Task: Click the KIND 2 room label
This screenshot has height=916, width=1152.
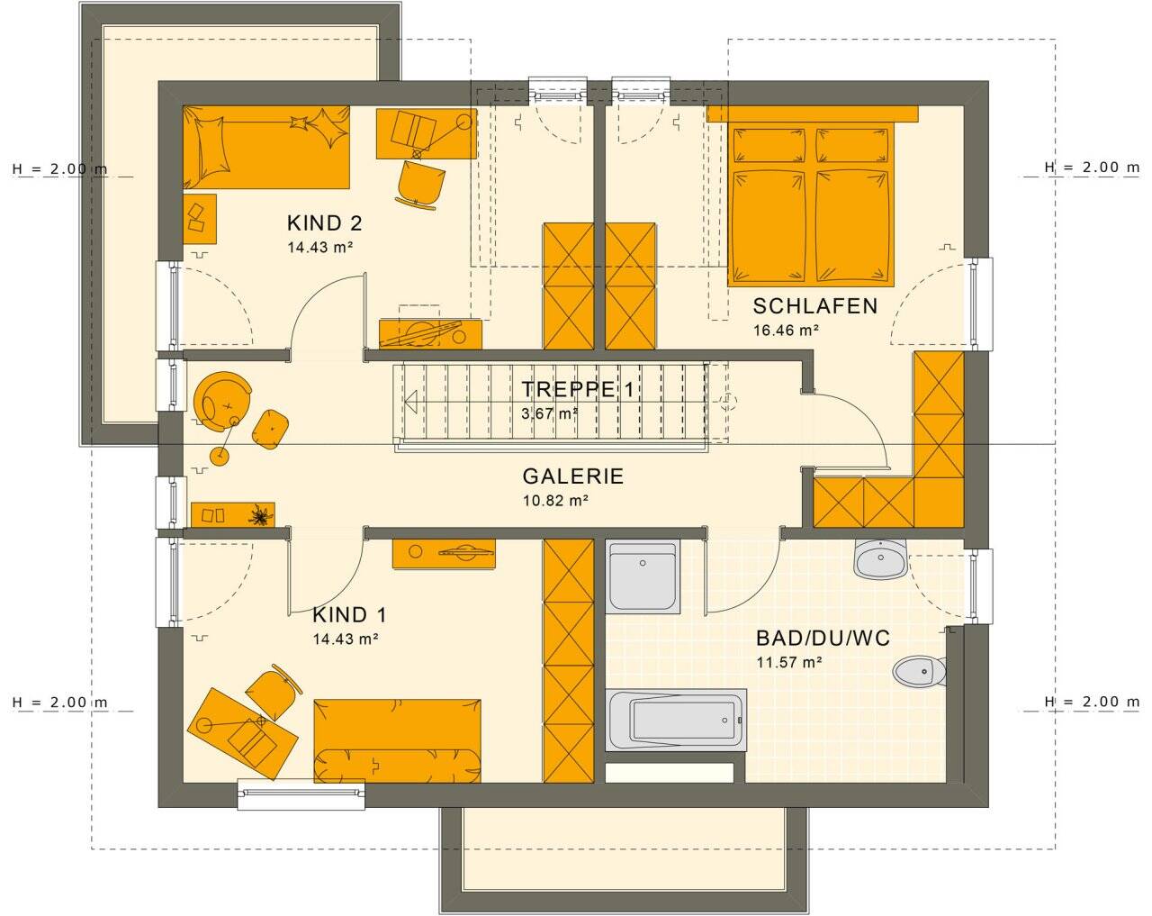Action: tap(324, 223)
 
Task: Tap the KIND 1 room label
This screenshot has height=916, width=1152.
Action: tap(349, 615)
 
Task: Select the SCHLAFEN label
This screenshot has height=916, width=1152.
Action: tap(814, 306)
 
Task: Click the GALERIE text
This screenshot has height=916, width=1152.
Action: tap(572, 477)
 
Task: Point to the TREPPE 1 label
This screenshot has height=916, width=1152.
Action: tap(579, 390)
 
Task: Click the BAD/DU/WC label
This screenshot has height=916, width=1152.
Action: tap(823, 639)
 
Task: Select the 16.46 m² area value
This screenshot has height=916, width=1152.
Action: tap(786, 331)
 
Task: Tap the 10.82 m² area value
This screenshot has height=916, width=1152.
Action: tap(555, 502)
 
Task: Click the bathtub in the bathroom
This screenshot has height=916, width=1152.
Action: tap(676, 720)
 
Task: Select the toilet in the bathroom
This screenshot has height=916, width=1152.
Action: tap(919, 670)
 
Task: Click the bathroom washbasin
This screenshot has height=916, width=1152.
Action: tap(881, 560)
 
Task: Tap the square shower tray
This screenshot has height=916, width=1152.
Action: tap(642, 576)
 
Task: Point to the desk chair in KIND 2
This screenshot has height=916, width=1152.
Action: tap(420, 185)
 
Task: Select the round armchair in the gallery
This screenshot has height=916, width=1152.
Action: tap(220, 397)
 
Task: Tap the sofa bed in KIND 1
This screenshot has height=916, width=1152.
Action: tap(397, 739)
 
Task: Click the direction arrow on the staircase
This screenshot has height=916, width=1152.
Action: tap(411, 401)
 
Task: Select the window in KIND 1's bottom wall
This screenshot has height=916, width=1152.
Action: tap(301, 793)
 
